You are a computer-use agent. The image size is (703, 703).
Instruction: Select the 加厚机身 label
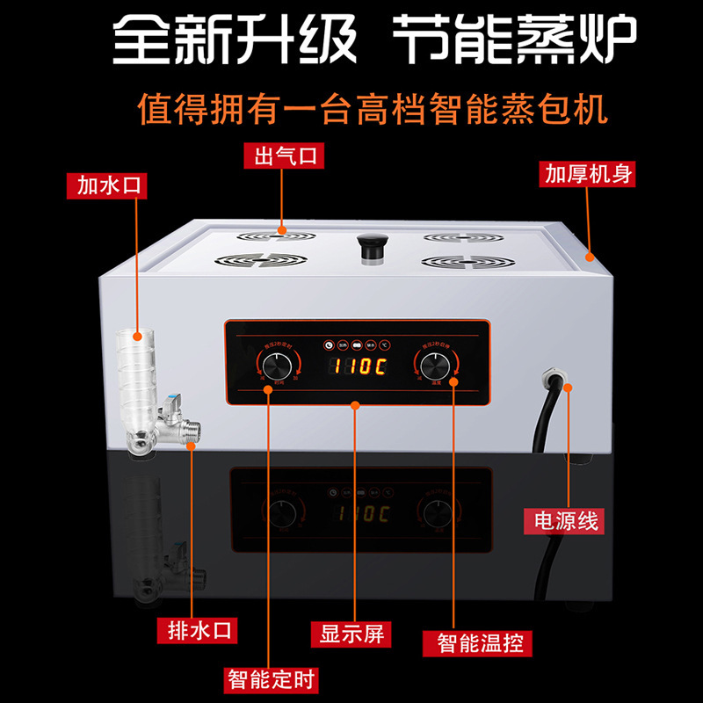coord(587,173)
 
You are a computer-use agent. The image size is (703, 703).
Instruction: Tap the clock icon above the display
coord(328,345)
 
